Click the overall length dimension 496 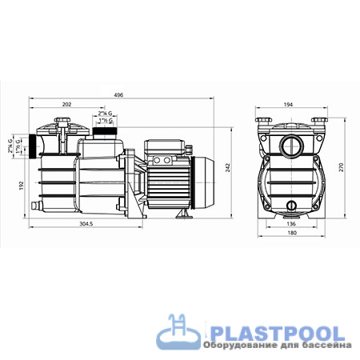coord(118,95)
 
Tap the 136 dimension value coord(290,224)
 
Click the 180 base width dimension coord(290,234)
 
